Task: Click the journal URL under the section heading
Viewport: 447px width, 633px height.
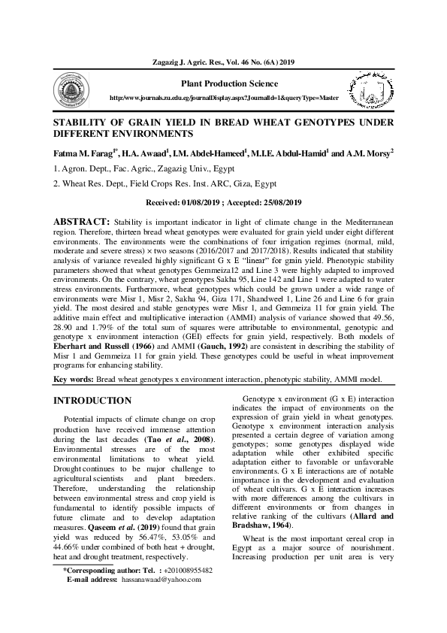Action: (225, 98)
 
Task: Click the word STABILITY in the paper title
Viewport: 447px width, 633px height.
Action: (80, 120)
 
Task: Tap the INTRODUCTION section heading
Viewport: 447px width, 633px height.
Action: (92, 400)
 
